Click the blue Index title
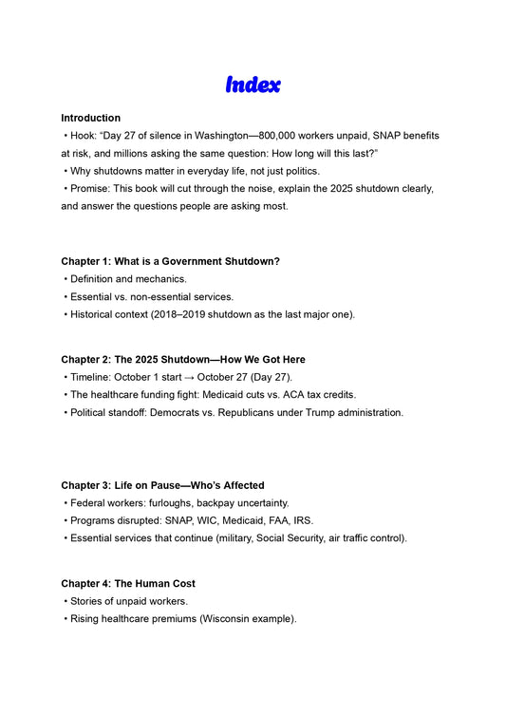click(x=253, y=85)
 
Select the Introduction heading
click(x=90, y=118)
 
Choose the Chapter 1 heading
click(x=170, y=261)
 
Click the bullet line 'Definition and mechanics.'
click(x=128, y=279)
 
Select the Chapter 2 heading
click(x=182, y=360)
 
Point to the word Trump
click(x=325, y=413)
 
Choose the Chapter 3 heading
click(x=162, y=485)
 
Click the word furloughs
click(x=163, y=502)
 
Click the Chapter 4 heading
click(x=128, y=583)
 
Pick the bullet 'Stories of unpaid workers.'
click(x=128, y=601)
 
